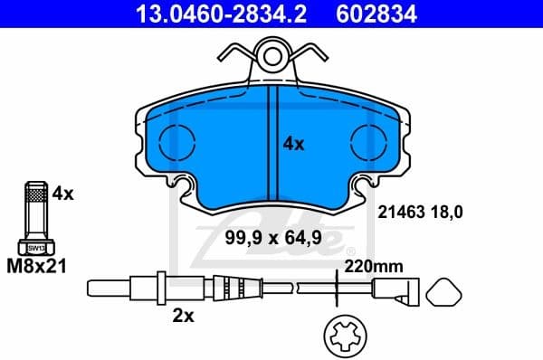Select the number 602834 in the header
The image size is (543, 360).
tap(391, 13)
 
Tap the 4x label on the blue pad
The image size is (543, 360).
tap(294, 143)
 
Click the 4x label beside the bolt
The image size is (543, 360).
tap(62, 193)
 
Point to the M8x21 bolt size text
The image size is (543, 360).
tap(37, 267)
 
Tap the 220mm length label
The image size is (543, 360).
tap(373, 267)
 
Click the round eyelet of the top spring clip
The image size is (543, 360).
tap(271, 58)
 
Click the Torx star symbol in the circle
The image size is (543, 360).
tap(344, 337)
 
